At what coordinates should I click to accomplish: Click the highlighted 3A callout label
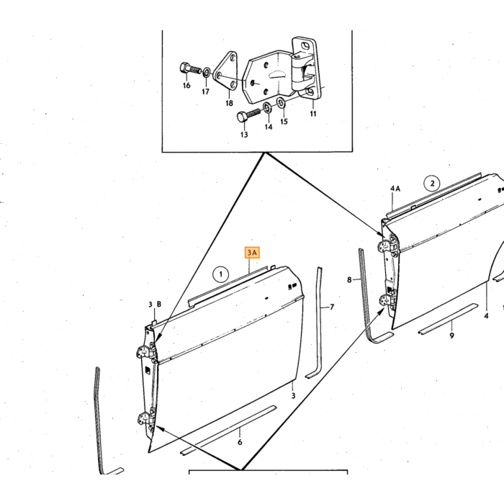coord(252,253)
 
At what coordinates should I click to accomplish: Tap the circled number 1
coord(220,274)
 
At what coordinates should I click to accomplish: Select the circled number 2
coord(432,184)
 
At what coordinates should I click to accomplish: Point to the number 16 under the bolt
coord(186,86)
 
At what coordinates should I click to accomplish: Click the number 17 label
coord(205,92)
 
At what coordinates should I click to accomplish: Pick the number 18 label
coord(229,103)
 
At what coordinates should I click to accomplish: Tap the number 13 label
coord(244,135)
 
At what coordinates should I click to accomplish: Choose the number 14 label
coord(269,127)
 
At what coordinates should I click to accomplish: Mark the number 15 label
coord(284,122)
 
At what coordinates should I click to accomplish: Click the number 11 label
coord(313,114)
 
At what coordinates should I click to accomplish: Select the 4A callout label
coord(395,189)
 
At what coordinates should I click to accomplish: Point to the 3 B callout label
coord(155,304)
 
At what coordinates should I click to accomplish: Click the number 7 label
coord(332,307)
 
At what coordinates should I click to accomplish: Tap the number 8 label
coord(349,280)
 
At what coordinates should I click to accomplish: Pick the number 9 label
coord(451,336)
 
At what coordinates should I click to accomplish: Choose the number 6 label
coord(240,442)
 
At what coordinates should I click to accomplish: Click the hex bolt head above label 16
coord(184,68)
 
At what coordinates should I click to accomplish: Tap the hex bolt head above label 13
coord(243,117)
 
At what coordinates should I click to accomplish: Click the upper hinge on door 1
coord(146,351)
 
